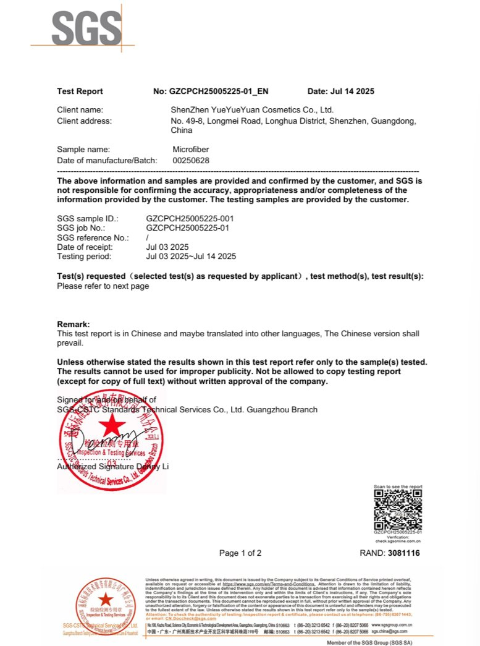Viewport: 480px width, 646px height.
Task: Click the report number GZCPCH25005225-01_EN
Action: click(219, 91)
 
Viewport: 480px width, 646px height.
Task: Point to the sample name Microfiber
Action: click(192, 149)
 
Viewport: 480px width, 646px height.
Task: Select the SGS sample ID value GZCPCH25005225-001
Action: click(190, 219)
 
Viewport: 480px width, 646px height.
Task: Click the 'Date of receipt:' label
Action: click(84, 247)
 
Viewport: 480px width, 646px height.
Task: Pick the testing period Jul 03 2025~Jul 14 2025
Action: click(191, 256)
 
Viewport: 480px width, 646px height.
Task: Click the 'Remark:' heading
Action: click(74, 325)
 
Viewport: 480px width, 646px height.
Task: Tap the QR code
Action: click(398, 509)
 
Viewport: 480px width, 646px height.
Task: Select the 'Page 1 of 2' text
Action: click(240, 553)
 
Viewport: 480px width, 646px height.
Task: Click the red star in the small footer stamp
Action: click(106, 598)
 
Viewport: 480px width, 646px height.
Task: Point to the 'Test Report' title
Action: click(80, 91)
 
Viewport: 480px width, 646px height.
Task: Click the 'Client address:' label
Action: click(84, 121)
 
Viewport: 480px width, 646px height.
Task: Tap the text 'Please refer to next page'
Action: click(103, 286)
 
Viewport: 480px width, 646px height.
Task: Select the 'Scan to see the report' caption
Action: click(398, 487)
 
